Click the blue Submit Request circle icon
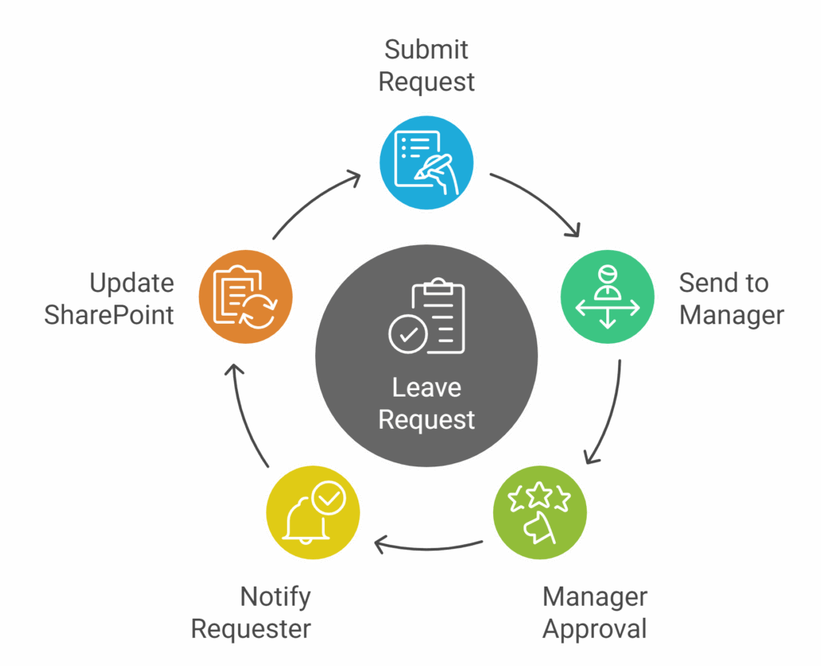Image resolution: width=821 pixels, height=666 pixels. (427, 163)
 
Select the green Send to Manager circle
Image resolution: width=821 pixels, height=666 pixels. (607, 297)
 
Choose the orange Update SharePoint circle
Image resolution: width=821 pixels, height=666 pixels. (246, 297)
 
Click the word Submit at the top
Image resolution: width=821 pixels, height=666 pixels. (427, 50)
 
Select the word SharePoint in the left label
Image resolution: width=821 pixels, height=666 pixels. (109, 315)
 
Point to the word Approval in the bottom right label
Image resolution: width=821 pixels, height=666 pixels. (594, 629)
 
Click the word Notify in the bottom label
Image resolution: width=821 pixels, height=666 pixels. (275, 596)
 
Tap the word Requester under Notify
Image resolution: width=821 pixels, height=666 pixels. (251, 629)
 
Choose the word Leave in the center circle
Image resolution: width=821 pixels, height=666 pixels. (427, 388)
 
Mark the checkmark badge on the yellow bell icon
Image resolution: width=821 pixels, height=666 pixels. (330, 498)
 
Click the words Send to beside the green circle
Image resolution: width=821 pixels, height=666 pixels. (723, 283)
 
